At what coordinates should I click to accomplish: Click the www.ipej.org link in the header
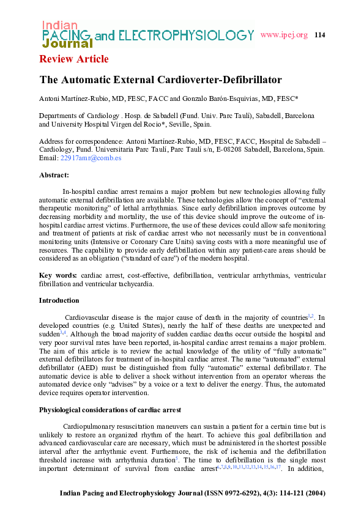click(x=283, y=35)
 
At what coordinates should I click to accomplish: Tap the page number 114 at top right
click(x=319, y=35)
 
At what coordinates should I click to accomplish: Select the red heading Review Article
click(x=74, y=59)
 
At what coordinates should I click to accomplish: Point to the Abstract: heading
click(x=54, y=174)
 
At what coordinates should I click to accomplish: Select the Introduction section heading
click(x=59, y=300)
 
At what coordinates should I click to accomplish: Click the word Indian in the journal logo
click(x=59, y=25)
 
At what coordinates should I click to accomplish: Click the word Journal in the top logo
click(x=67, y=43)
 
